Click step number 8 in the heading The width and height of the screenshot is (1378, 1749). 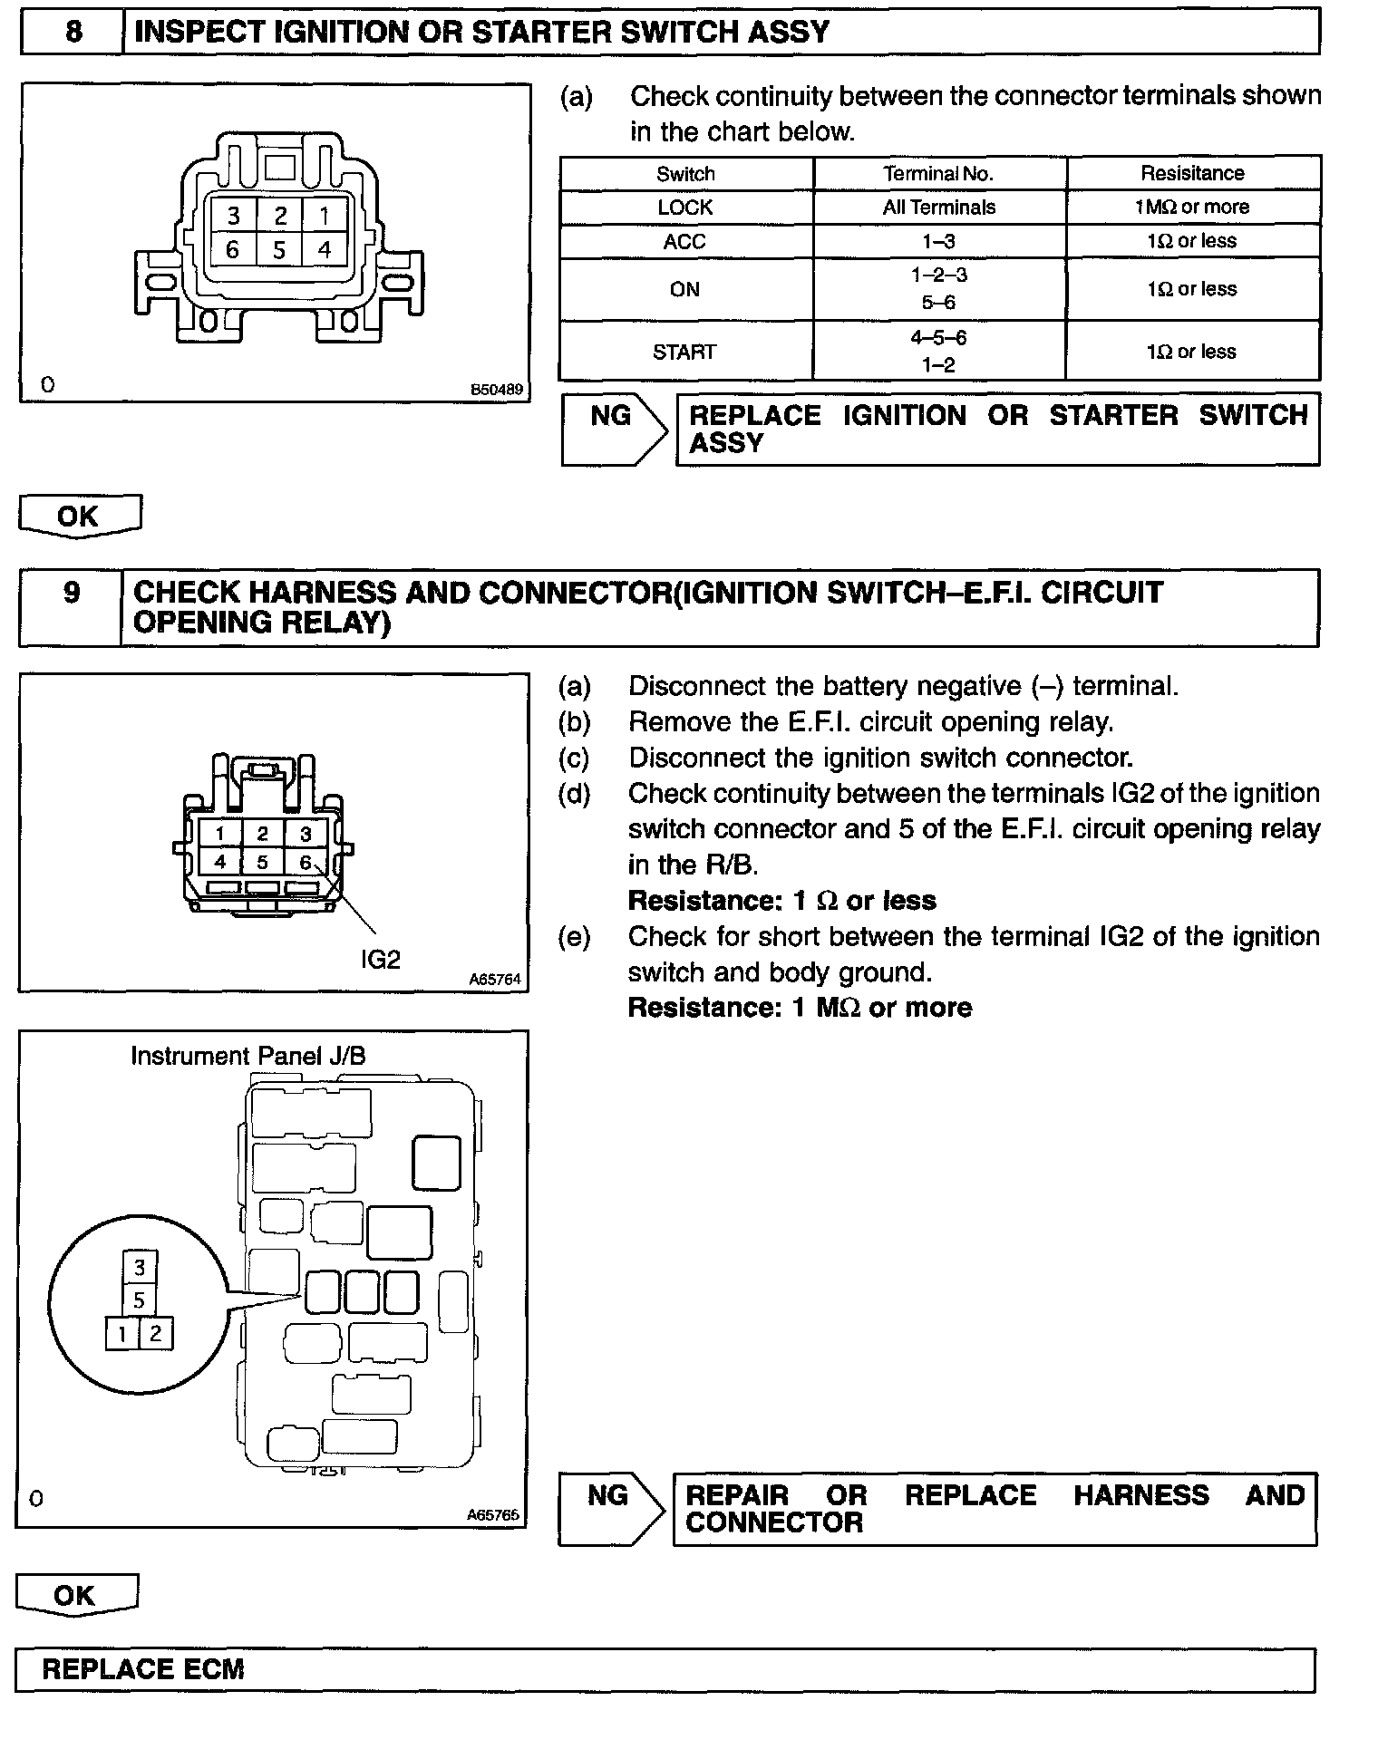point(73,33)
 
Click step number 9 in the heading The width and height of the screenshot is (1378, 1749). point(72,594)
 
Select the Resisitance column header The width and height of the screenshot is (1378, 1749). point(1192,173)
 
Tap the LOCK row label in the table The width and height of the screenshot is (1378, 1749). point(685,208)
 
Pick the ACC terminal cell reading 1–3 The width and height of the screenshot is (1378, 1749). point(938,242)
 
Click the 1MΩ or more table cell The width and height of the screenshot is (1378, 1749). point(1192,208)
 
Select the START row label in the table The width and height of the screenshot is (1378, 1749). point(684,352)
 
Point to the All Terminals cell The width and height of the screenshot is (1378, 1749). point(938,208)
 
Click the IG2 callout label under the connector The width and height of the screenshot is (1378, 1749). point(380,960)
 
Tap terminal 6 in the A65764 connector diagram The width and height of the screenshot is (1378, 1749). point(306,862)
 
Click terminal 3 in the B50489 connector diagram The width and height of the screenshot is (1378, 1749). point(234,216)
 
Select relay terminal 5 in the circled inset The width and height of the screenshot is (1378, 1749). point(139,1300)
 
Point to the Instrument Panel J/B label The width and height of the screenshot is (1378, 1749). point(247,1056)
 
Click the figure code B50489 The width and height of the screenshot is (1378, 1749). point(496,390)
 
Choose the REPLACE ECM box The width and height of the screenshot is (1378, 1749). point(665,1669)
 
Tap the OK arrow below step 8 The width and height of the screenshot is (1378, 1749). point(79,517)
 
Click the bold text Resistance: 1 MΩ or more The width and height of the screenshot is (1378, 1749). point(800,1008)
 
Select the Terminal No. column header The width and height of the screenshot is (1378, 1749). point(938,173)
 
